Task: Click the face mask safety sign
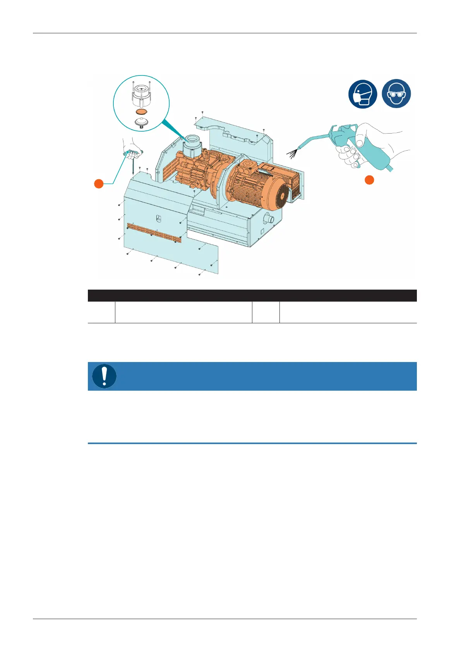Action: pyautogui.click(x=363, y=94)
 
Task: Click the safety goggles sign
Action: pyautogui.click(x=396, y=94)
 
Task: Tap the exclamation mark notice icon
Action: pyautogui.click(x=105, y=376)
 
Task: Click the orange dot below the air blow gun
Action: pyautogui.click(x=370, y=180)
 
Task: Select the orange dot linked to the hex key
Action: pyautogui.click(x=99, y=184)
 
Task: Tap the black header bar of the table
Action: pyautogui.click(x=252, y=295)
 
